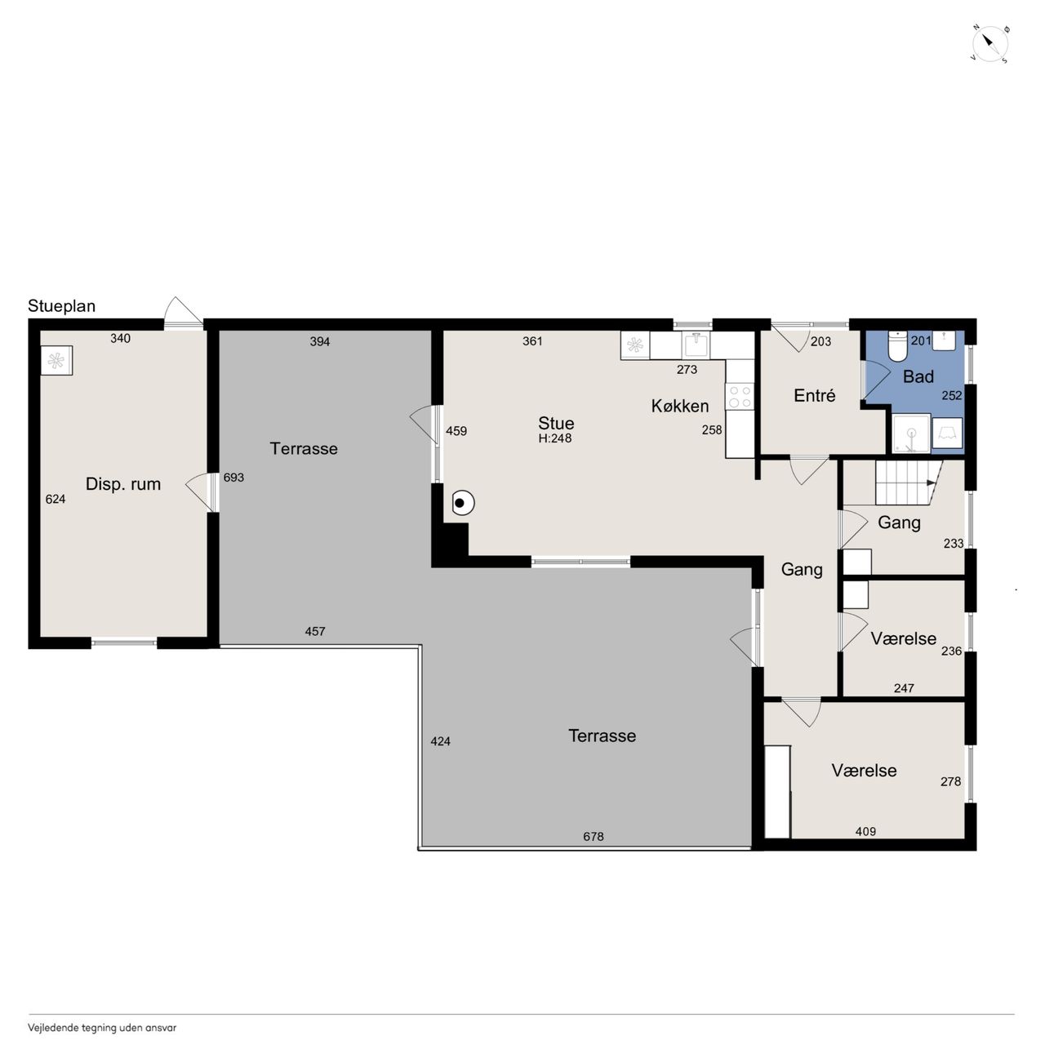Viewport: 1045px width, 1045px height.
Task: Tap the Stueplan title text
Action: (x=61, y=306)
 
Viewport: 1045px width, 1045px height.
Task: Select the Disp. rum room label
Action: (x=123, y=484)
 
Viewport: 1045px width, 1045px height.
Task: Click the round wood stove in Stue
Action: (x=463, y=503)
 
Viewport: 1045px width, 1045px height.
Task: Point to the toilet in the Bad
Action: (x=897, y=346)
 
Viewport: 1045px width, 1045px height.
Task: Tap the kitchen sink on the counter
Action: (x=696, y=345)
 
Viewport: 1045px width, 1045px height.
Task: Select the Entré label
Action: (x=814, y=395)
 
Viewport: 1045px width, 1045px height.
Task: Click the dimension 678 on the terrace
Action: (x=593, y=836)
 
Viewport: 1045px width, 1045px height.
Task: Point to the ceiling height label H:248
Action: (x=554, y=438)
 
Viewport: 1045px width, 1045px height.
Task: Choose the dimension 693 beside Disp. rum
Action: (x=233, y=478)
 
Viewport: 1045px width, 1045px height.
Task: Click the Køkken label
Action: (x=679, y=406)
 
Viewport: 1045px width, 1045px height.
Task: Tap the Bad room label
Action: (x=918, y=376)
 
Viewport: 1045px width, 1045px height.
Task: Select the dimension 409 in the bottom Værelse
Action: (x=865, y=831)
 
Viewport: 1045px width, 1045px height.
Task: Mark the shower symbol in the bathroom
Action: (x=911, y=434)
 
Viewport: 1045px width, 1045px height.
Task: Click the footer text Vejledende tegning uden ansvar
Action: (x=102, y=1027)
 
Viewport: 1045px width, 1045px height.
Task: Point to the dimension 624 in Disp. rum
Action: (x=56, y=499)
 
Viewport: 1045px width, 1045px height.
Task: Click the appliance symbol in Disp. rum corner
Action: (x=56, y=360)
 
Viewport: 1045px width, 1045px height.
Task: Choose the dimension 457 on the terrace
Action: (x=314, y=631)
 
